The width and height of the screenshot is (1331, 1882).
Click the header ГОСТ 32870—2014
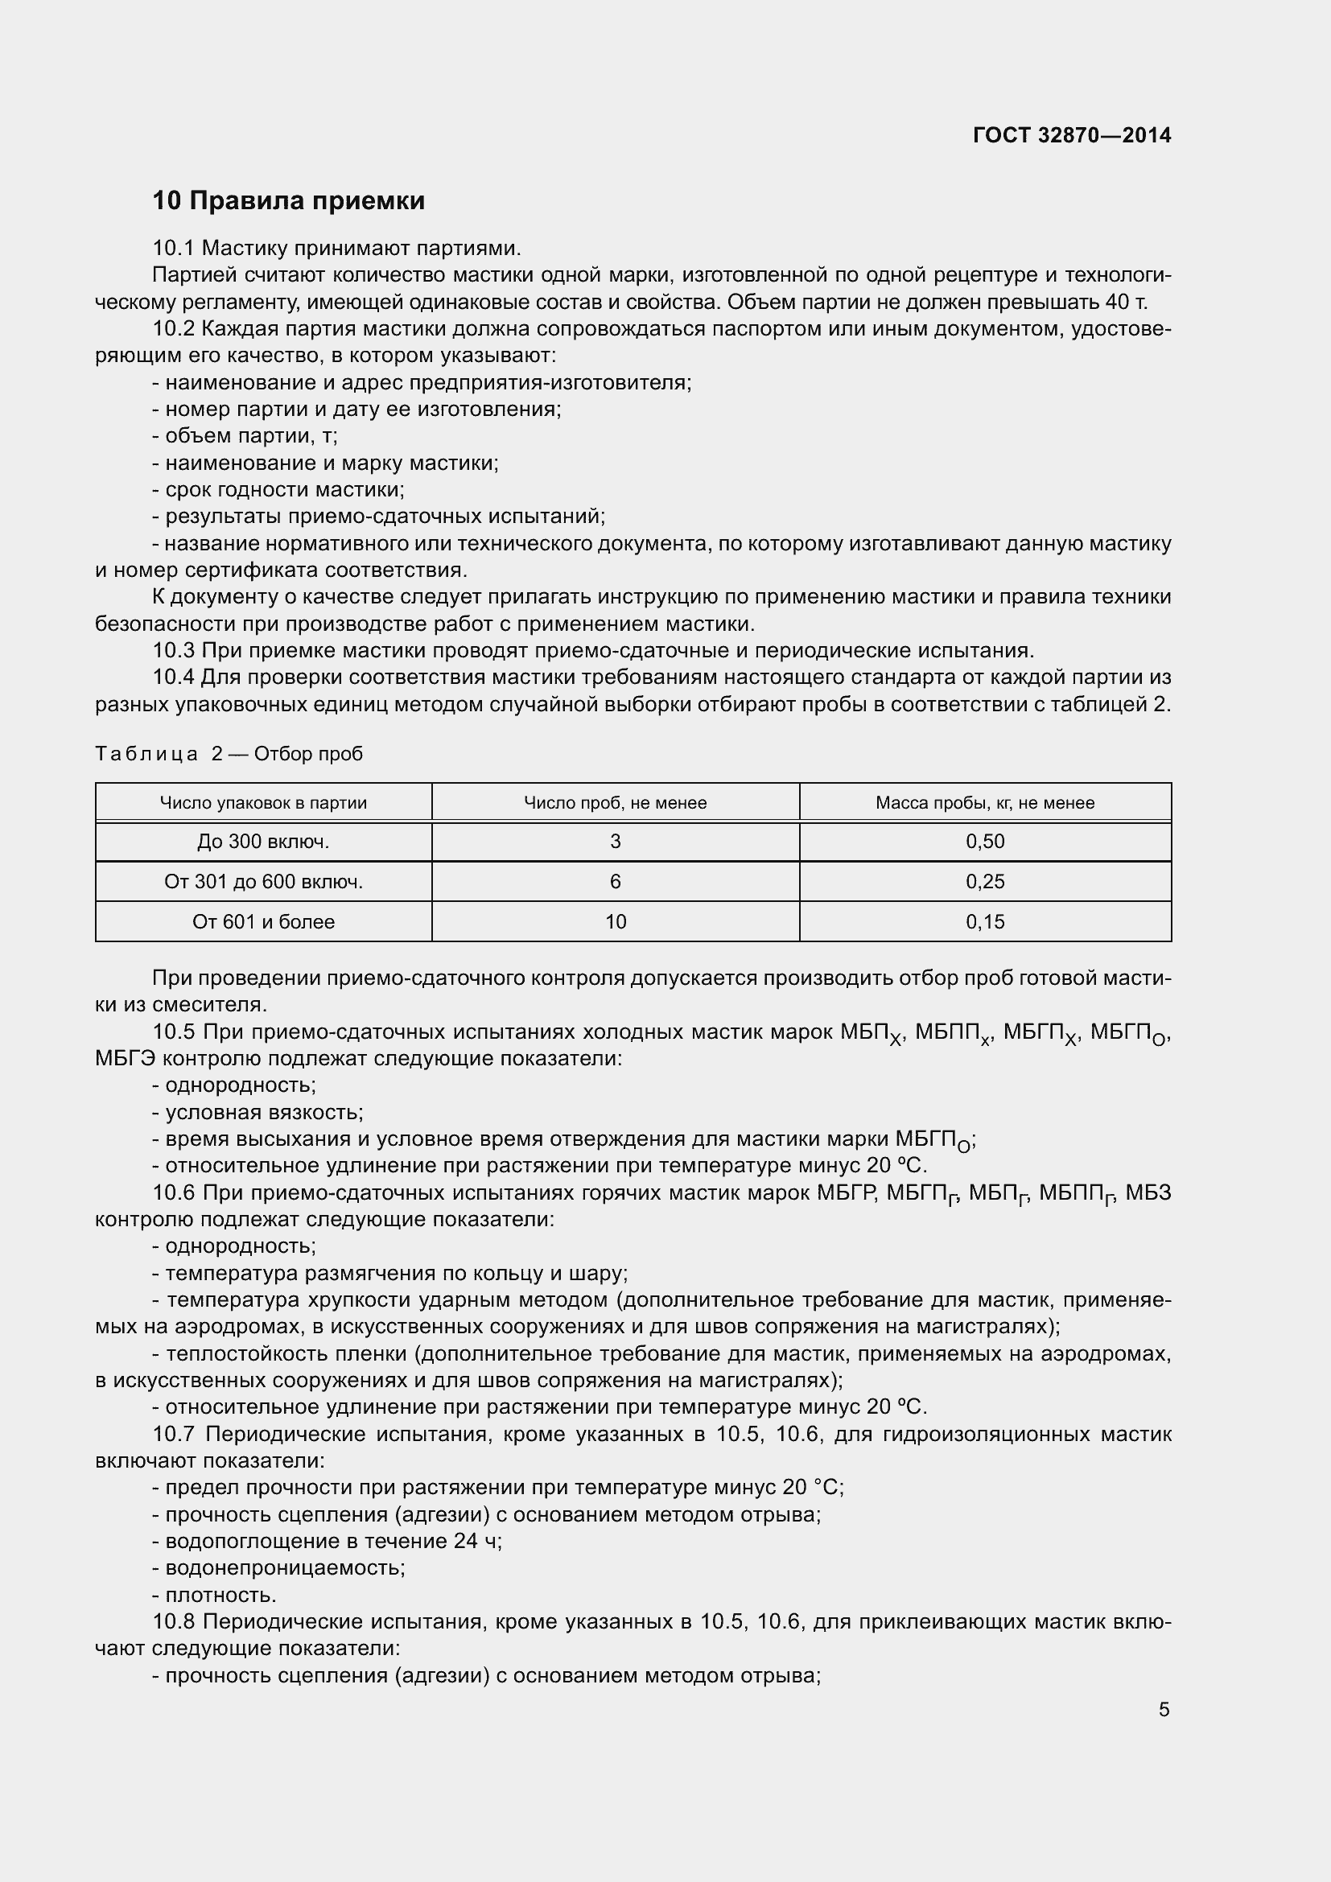point(1071,135)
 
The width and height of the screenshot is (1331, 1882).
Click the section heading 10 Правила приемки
point(289,201)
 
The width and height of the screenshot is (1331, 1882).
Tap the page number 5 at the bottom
point(1164,1709)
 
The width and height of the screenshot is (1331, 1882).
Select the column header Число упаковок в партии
point(263,802)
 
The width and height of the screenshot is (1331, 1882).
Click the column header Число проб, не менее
point(615,802)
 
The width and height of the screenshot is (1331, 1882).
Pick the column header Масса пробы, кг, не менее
point(984,802)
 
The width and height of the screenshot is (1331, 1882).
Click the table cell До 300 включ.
point(263,841)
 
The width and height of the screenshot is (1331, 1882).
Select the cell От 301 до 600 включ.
point(263,881)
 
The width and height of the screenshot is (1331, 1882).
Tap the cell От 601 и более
point(263,921)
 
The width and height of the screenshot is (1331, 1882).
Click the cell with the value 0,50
point(984,841)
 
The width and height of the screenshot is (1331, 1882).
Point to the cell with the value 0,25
point(984,881)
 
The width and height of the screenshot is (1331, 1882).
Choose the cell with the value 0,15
point(984,921)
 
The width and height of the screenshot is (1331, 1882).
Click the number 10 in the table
point(615,921)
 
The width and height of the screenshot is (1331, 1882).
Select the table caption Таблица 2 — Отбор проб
point(229,753)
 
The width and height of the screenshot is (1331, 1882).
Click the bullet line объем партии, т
point(246,436)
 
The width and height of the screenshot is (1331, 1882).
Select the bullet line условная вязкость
point(258,1112)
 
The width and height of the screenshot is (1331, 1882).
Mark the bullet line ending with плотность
point(215,1594)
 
